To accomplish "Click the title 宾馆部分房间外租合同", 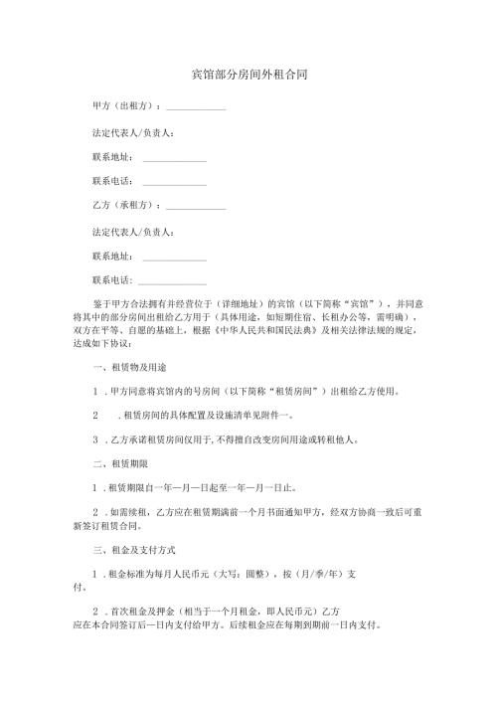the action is click(248, 75).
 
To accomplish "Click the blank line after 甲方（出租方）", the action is click(196, 107).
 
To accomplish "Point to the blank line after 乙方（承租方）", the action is click(196, 207).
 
